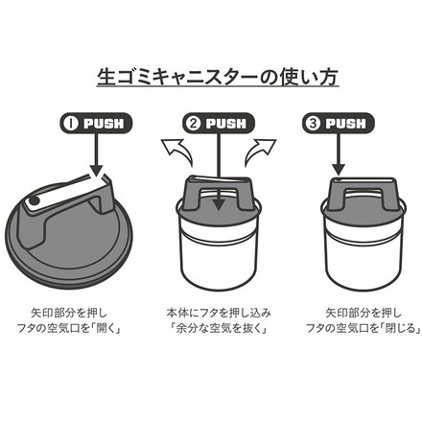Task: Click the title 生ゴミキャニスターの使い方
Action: (x=210, y=75)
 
